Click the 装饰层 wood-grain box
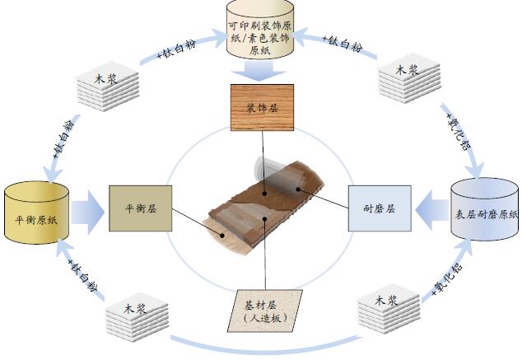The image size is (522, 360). point(262,107)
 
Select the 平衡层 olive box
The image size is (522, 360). point(141,208)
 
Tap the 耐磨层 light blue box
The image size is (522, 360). point(380,208)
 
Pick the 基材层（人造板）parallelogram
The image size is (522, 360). point(265,311)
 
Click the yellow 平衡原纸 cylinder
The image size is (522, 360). point(36,213)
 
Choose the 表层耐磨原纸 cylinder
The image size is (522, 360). point(484,209)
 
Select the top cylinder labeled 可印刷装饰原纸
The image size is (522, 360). point(260,30)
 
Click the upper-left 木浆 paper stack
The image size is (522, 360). point(108,86)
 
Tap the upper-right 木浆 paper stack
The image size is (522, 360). point(409,78)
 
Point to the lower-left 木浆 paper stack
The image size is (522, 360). point(137,317)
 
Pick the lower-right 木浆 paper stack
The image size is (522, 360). point(389,309)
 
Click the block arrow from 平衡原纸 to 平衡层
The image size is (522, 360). point(87,213)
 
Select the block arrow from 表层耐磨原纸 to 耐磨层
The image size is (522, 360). point(431,210)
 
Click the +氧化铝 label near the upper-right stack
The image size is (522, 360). point(459,131)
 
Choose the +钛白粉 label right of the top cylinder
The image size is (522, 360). point(343,44)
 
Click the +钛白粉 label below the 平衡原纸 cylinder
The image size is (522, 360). point(82,276)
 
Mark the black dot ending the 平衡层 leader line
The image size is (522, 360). point(222,235)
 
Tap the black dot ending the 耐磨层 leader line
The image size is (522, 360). point(298,189)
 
